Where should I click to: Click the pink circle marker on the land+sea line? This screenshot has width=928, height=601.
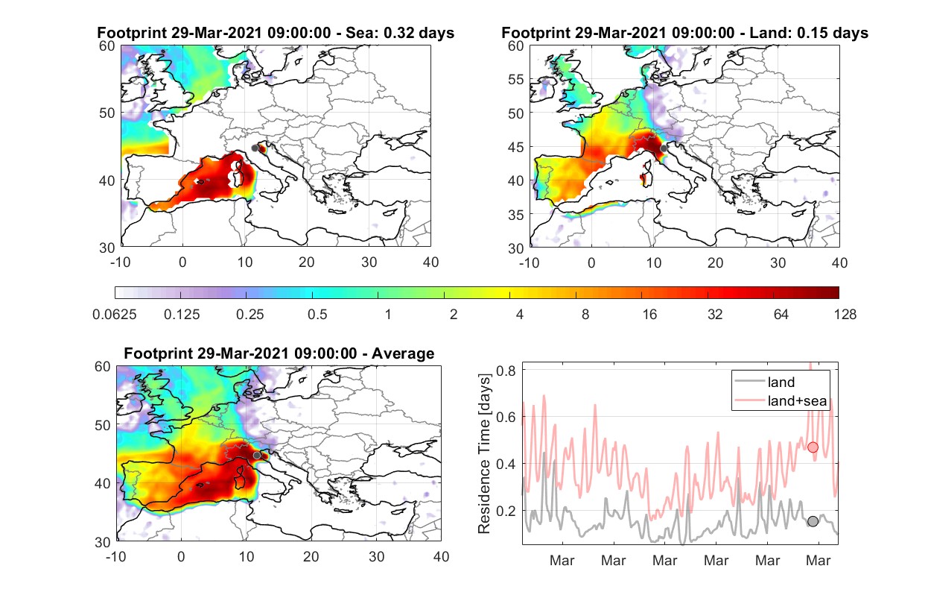[813, 447]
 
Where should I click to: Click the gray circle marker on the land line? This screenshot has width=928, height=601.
[813, 521]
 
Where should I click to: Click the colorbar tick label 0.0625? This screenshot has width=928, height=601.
[115, 315]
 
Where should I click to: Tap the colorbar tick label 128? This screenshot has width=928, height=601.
[845, 315]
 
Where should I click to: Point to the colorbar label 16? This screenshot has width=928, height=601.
[649, 315]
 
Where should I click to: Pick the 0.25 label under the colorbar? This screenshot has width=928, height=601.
[250, 315]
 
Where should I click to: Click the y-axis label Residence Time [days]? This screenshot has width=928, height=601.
[484, 454]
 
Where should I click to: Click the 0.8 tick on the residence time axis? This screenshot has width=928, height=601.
[506, 371]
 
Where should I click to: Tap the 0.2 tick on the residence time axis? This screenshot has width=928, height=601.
[506, 511]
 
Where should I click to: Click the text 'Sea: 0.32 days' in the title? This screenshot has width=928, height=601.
[400, 33]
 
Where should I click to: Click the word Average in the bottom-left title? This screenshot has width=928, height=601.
[403, 353]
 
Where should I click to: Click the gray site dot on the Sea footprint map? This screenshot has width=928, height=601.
[255, 148]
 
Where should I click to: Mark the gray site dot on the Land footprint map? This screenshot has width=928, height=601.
[664, 148]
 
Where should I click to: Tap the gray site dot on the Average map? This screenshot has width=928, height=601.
[257, 456]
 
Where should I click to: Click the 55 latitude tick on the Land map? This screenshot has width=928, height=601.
[516, 80]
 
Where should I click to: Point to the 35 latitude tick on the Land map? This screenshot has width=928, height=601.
[516, 215]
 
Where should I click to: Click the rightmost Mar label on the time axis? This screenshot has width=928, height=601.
[819, 561]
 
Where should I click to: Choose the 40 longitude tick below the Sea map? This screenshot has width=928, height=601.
[430, 262]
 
